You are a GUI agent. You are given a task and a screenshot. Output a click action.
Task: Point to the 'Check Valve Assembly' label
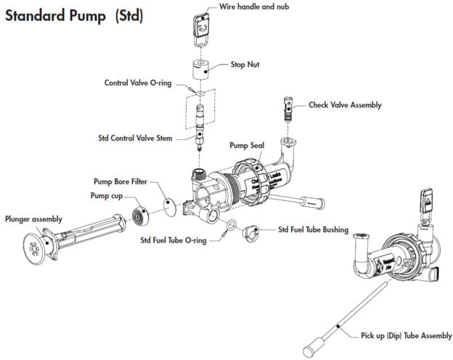(x=345, y=105)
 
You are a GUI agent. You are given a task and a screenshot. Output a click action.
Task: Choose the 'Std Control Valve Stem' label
(x=135, y=137)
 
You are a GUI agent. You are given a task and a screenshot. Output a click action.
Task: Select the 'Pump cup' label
(x=106, y=196)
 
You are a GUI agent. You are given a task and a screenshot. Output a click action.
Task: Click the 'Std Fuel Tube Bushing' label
(x=313, y=230)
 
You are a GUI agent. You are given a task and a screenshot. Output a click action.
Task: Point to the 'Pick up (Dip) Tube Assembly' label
(x=406, y=335)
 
